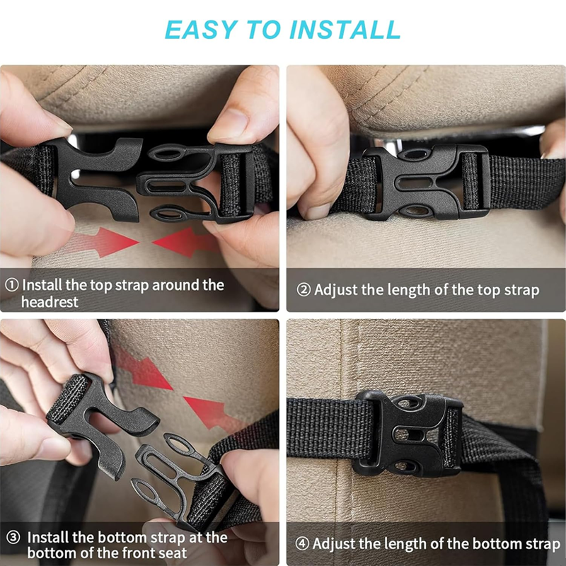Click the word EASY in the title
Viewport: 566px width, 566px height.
click(x=202, y=29)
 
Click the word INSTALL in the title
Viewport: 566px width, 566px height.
click(x=345, y=29)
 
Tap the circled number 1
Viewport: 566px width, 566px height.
click(x=11, y=285)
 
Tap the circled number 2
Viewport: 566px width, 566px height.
click(x=304, y=289)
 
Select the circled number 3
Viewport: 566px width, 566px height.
click(x=13, y=537)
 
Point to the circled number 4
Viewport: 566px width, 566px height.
click(x=302, y=543)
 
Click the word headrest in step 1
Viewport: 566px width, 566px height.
click(x=50, y=302)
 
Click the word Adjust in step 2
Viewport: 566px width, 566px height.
click(x=336, y=290)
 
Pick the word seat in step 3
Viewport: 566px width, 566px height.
click(x=172, y=553)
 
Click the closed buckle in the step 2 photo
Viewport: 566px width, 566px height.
click(x=426, y=183)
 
